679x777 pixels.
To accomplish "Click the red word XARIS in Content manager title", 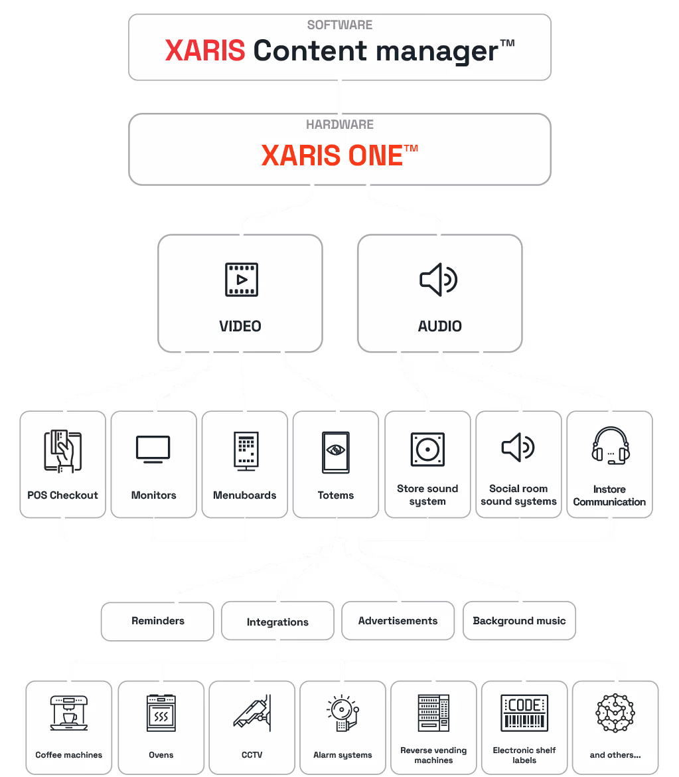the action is point(205,51).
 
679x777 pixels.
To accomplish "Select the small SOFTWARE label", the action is point(339,25).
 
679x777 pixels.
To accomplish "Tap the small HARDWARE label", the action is point(339,124).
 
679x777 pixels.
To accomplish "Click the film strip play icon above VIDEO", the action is point(241,280).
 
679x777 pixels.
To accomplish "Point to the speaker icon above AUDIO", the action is point(439,280).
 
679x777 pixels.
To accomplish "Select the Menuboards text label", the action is point(245,495).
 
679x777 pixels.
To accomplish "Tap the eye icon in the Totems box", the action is point(336,450).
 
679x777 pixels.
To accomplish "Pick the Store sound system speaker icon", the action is point(427,451).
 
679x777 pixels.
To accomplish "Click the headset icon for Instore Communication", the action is point(610,446).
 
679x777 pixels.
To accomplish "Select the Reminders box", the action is point(158,621).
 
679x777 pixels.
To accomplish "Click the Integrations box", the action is point(277,622).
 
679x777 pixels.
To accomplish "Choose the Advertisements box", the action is point(398,621).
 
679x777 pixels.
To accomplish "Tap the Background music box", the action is point(519,621).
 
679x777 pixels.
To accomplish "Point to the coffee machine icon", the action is point(69,713).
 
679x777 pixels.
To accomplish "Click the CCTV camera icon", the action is point(252,713).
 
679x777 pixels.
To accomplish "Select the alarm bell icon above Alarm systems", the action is point(342,713).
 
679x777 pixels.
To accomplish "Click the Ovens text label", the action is point(161,755).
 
